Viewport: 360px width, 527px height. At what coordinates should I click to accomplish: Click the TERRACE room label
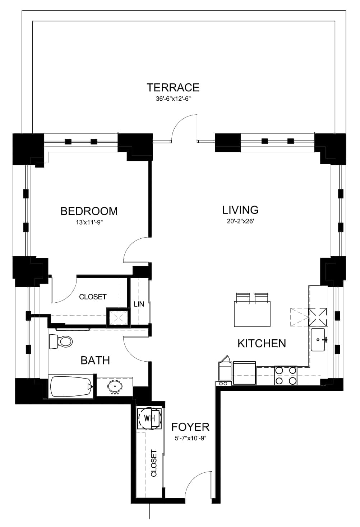(173, 87)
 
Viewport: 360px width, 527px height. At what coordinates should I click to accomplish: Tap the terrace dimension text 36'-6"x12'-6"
(173, 99)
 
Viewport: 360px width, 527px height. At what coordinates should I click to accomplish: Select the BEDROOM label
(89, 211)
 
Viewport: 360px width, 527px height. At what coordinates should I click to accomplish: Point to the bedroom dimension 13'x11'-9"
(89, 222)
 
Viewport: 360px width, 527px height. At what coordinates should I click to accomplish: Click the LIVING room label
(240, 210)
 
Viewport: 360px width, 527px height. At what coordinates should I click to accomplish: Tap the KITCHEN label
(262, 344)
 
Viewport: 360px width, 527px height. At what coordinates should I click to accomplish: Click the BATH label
(95, 361)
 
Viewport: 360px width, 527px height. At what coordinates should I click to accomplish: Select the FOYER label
(190, 427)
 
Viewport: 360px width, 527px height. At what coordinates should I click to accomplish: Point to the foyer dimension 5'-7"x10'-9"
(190, 439)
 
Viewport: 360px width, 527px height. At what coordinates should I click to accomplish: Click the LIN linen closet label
(139, 304)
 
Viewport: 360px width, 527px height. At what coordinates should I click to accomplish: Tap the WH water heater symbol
(149, 418)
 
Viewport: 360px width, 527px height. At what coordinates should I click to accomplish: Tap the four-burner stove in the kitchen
(286, 375)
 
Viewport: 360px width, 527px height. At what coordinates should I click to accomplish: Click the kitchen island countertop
(252, 314)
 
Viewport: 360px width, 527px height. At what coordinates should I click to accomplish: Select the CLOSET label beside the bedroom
(93, 297)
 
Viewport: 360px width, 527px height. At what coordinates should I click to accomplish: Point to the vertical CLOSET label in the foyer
(153, 463)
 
